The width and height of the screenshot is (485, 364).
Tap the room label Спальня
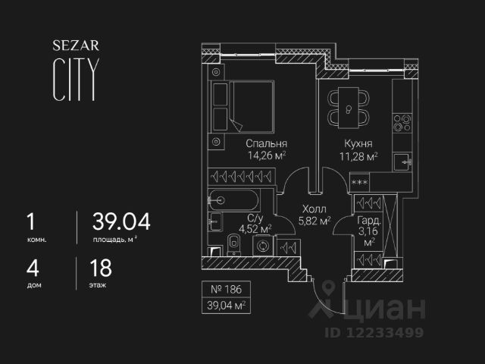(x=265, y=144)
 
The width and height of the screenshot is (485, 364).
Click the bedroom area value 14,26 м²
(x=265, y=157)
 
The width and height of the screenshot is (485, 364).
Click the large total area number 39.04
(x=121, y=221)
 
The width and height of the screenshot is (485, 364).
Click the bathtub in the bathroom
(x=233, y=201)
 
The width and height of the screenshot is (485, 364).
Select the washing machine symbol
(x=264, y=246)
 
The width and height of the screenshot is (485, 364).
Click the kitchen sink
(x=403, y=161)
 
